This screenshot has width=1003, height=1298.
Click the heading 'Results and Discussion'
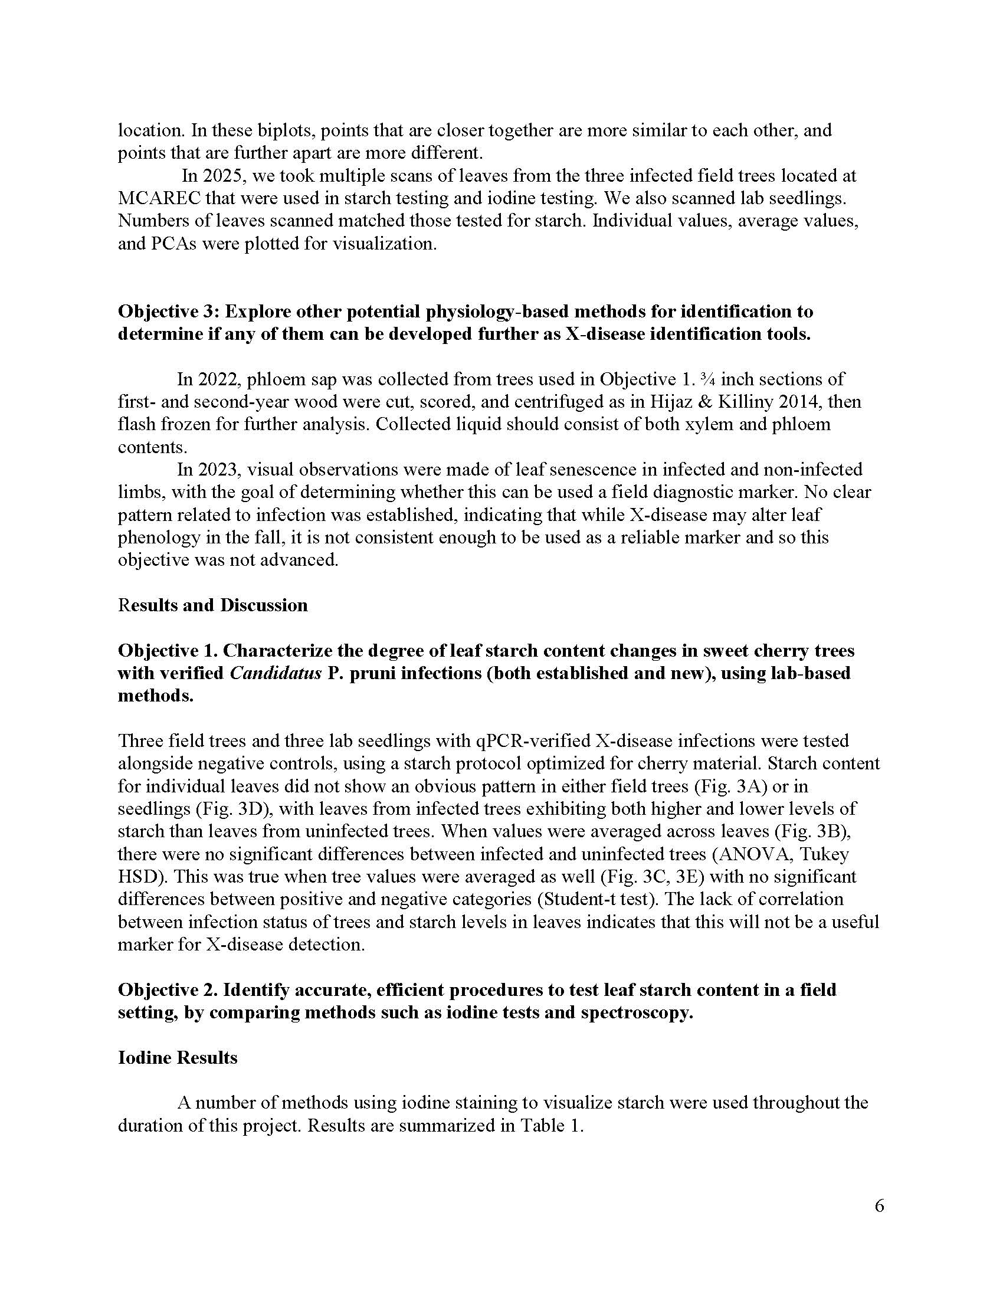coord(213,605)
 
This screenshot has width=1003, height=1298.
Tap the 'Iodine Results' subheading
coord(178,1057)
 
